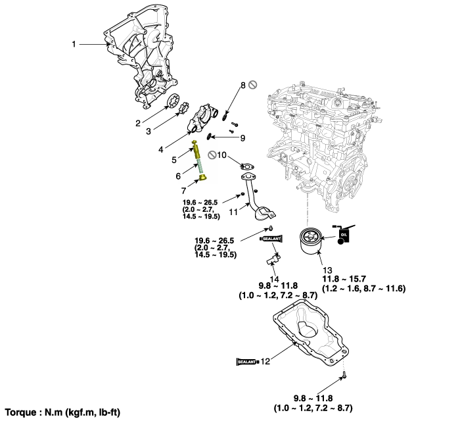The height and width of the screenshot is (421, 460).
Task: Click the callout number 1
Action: [74, 44]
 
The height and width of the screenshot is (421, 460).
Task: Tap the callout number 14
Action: [274, 279]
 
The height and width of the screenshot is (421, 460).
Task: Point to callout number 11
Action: [234, 212]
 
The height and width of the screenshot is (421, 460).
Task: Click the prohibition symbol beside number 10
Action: [212, 155]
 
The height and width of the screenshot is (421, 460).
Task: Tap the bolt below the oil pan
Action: [344, 378]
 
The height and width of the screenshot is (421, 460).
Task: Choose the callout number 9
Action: [242, 138]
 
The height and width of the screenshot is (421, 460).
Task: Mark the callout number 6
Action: [177, 176]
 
